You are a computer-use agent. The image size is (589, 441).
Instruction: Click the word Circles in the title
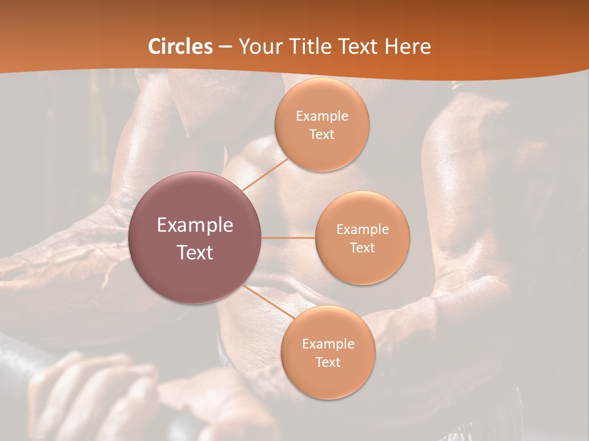[x=180, y=47]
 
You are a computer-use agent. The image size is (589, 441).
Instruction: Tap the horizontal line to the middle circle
[x=288, y=238]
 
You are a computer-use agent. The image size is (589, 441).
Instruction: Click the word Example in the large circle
[x=195, y=225]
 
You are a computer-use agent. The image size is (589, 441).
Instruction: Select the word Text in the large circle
[x=195, y=252]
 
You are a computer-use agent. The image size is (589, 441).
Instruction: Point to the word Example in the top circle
[x=321, y=116]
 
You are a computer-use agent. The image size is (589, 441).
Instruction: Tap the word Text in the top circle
[x=321, y=135]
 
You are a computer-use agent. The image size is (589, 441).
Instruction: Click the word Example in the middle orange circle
[x=362, y=230]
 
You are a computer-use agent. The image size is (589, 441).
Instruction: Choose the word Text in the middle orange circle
[x=362, y=248]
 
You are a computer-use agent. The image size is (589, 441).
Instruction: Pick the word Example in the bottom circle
[x=328, y=344]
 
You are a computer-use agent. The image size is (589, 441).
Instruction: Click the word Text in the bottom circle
[x=328, y=363]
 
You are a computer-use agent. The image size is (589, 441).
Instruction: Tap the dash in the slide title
[x=225, y=47]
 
